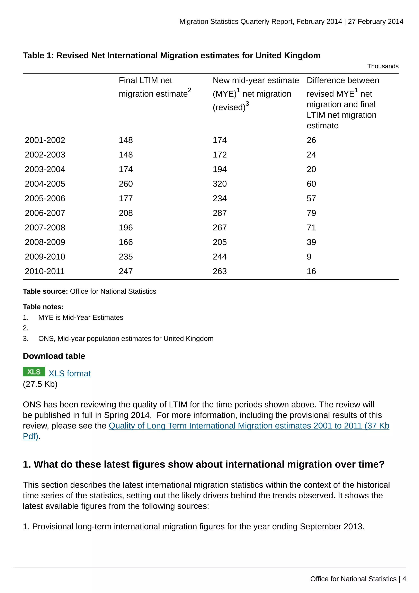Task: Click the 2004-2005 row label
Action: tap(45, 184)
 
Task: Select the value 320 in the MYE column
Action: tap(220, 184)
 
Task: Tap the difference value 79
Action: tap(311, 213)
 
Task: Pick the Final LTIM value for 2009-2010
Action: tap(126, 257)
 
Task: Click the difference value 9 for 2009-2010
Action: tap(309, 257)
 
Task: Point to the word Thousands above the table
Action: tap(383, 66)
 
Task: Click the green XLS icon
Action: tap(34, 372)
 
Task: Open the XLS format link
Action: tap(70, 373)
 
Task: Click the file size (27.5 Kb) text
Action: tap(40, 384)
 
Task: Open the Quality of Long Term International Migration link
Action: tap(249, 426)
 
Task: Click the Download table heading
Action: tap(54, 356)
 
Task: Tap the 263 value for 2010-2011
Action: tap(220, 272)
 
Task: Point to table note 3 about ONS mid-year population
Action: tap(126, 339)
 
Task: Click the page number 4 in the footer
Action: tap(404, 579)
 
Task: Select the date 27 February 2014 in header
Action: tap(375, 22)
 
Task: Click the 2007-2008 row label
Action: tap(45, 227)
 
